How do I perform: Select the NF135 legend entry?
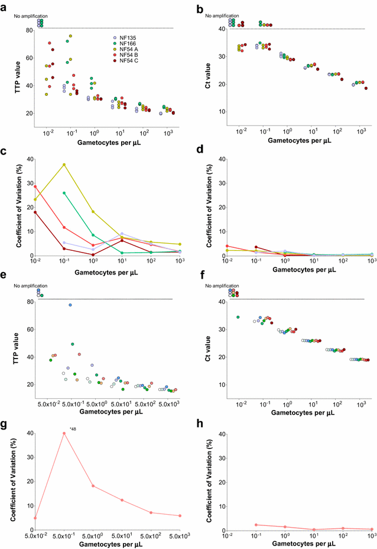coord(128,38)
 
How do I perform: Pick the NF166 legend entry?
coord(128,44)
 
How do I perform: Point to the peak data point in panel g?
coord(64,434)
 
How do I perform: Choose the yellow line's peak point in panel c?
coord(64,164)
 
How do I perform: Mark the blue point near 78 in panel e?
coord(70,305)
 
